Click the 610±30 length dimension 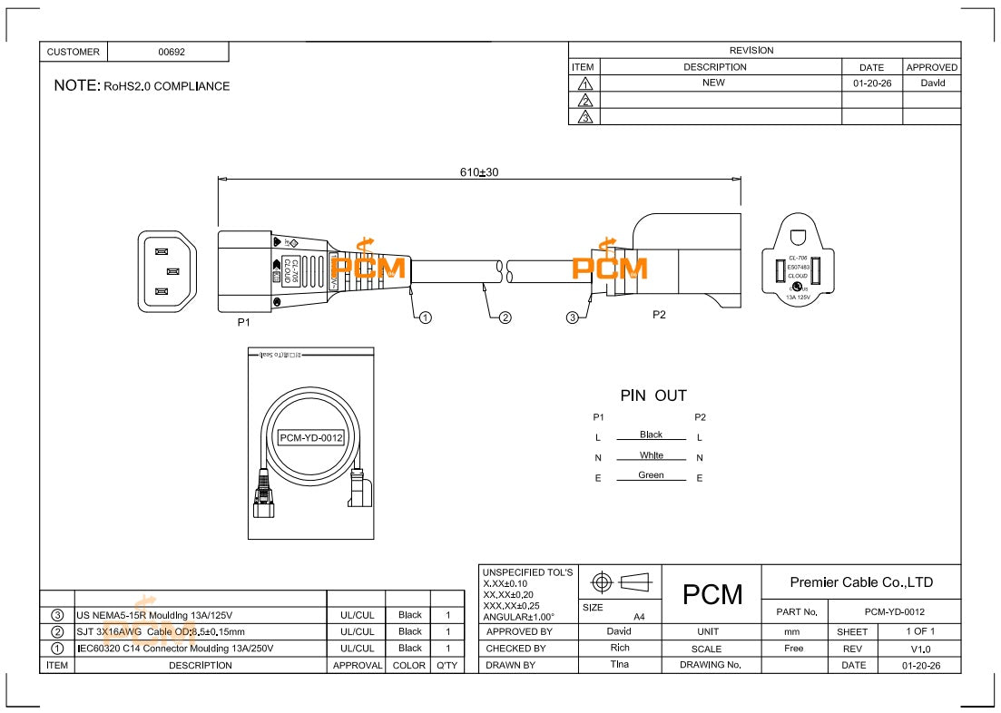tap(479, 172)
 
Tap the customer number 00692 tap(172, 52)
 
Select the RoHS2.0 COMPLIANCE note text tap(166, 86)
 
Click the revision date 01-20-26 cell tap(871, 83)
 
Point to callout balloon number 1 tap(425, 317)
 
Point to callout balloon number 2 tap(505, 317)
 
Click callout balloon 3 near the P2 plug tap(573, 317)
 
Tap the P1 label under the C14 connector tap(243, 322)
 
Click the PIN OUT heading tap(653, 396)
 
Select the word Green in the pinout tap(651, 475)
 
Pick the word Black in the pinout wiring tap(651, 435)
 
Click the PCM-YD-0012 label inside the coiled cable tap(310, 438)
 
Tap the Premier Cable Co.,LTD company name tap(861, 582)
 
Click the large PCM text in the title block tap(712, 595)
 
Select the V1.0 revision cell tap(919, 649)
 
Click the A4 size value tap(639, 616)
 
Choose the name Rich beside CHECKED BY tap(620, 649)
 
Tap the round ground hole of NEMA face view tap(798, 238)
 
